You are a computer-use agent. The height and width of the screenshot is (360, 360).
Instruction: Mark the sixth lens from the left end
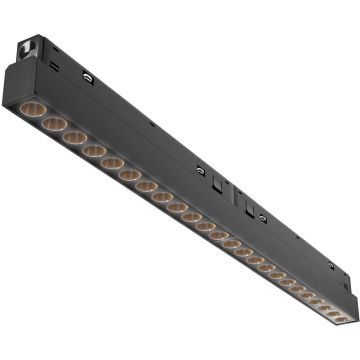(131, 174)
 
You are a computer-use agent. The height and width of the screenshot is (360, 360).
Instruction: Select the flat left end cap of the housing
(13, 80)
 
